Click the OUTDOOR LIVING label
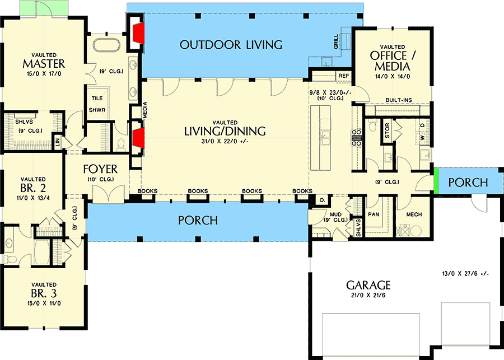(x=231, y=45)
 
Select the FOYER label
(x=100, y=169)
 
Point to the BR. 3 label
(x=44, y=293)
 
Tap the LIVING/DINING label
(x=225, y=131)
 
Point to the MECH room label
(x=413, y=215)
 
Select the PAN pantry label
(x=374, y=214)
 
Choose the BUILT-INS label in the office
(x=398, y=100)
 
